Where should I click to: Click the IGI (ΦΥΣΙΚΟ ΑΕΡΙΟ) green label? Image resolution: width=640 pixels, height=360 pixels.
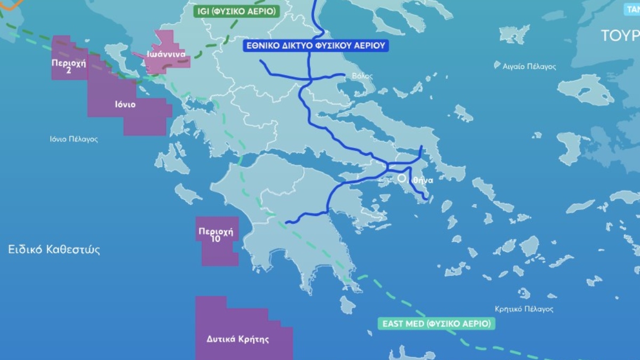coord(236,11)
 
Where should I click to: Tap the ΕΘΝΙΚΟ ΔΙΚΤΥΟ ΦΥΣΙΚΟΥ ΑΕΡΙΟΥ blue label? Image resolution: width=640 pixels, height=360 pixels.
coord(316,45)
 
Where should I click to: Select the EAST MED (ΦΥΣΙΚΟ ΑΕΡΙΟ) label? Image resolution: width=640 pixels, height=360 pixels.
coord(437,323)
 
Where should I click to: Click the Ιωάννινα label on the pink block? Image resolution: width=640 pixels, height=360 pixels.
coord(166,54)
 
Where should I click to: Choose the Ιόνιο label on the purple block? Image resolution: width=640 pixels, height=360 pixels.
coord(125,105)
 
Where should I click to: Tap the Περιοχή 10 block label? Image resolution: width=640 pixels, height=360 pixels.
coord(216,235)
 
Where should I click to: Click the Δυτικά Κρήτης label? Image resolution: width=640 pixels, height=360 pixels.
coord(237,339)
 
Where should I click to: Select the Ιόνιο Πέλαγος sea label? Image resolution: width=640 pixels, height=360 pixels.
coord(74,139)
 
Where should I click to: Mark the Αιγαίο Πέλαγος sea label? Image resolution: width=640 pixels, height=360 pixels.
coord(530,67)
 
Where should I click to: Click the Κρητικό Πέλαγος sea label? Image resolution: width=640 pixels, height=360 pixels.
coord(524,309)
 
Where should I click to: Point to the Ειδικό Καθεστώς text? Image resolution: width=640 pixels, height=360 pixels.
coord(54,250)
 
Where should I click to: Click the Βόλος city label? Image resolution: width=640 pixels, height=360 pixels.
coord(362,76)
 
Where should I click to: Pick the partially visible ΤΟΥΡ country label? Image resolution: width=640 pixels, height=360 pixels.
coord(620,36)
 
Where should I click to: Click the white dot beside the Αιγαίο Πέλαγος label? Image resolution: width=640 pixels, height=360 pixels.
coord(498,67)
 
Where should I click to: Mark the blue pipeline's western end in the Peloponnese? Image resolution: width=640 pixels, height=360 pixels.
coord(287,222)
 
